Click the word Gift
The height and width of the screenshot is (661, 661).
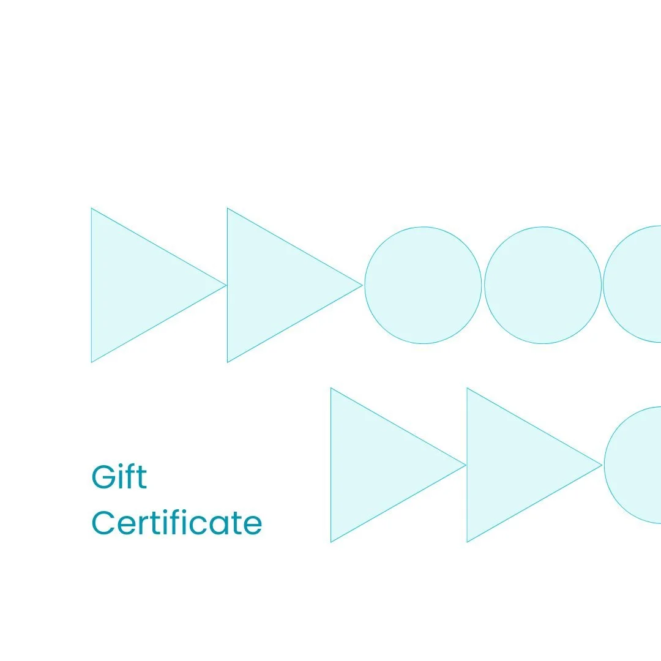pyautogui.click(x=119, y=477)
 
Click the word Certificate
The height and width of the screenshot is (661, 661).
pyautogui.click(x=177, y=523)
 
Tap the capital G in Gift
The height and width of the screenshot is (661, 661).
pyautogui.click(x=103, y=477)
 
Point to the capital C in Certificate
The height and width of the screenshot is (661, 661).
pyautogui.click(x=103, y=523)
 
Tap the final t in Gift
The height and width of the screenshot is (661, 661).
pyautogui.click(x=142, y=477)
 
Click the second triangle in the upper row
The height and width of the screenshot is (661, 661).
pyautogui.click(x=272, y=285)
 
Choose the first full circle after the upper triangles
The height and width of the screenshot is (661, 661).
pyautogui.click(x=423, y=285)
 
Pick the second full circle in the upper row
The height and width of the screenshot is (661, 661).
pyautogui.click(x=543, y=285)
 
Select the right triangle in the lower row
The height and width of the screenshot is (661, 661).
pyautogui.click(x=512, y=465)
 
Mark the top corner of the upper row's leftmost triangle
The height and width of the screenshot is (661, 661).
pyautogui.click(x=92, y=209)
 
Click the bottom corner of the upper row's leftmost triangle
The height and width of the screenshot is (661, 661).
pyautogui.click(x=92, y=362)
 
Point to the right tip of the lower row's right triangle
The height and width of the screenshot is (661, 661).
pyautogui.click(x=602, y=465)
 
